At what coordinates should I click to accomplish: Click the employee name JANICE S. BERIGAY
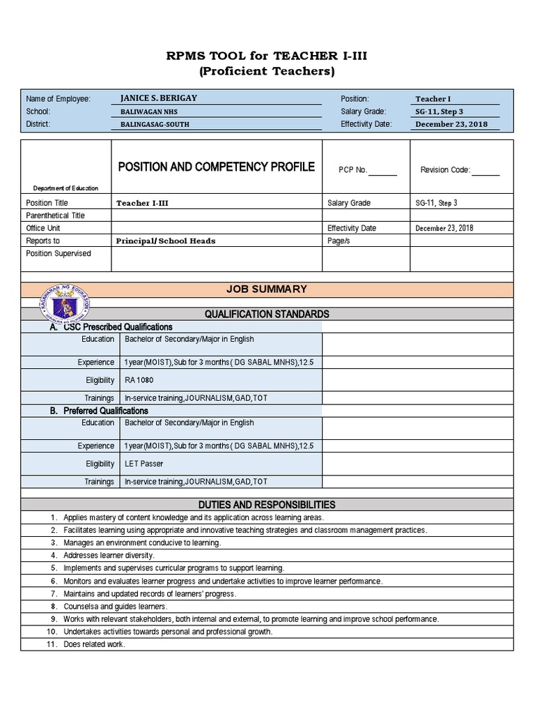(158, 98)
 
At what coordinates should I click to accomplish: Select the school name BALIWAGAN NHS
(146, 112)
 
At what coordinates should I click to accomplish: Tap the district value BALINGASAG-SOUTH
(155, 125)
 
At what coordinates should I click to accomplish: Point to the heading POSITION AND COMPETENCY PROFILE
(216, 167)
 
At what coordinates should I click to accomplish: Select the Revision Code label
(445, 170)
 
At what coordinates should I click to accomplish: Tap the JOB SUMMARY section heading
(266, 289)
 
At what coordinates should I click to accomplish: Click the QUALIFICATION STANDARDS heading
(267, 314)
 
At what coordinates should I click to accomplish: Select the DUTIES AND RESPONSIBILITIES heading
(267, 505)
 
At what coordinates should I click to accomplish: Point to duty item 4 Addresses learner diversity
(109, 556)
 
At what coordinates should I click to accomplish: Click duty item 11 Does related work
(94, 644)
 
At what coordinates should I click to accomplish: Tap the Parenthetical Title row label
(55, 215)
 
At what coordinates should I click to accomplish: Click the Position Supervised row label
(59, 254)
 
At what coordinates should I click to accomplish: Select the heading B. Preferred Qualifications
(99, 411)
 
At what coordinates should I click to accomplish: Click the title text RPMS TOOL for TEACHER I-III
(267, 56)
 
